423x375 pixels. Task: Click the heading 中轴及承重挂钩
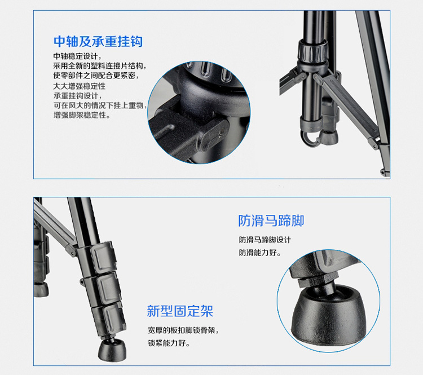98,42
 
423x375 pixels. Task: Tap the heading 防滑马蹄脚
271,220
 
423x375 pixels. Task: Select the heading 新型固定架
180,311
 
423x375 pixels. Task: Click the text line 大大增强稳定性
80,86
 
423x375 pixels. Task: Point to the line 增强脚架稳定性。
82,115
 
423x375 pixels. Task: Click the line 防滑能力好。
260,253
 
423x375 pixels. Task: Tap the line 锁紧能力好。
169,343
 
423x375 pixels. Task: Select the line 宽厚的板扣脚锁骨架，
183,330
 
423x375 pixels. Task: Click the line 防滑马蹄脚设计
265,240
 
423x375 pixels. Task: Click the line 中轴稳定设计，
77,56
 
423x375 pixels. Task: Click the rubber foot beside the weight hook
328,137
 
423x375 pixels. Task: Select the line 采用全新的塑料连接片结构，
99,66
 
